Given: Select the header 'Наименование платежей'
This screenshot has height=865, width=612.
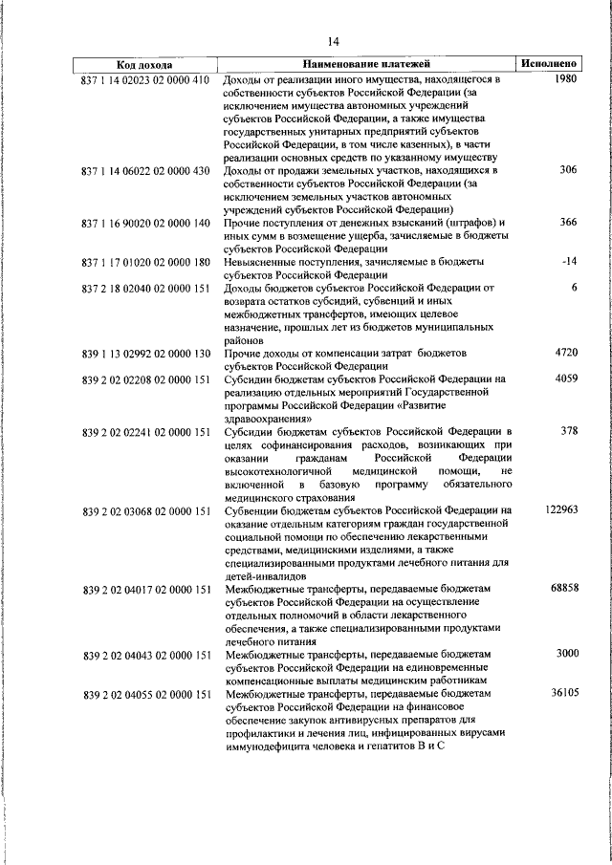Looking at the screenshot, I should [367, 65].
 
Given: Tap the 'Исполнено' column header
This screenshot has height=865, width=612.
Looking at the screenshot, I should [548, 65].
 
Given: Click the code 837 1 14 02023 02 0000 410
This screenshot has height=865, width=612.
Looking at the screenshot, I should [146, 79].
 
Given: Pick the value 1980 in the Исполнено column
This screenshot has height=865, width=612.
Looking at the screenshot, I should [565, 79].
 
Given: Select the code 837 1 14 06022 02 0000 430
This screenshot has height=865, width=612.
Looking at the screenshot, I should [146, 170].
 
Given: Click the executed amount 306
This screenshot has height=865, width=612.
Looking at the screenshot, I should [570, 170].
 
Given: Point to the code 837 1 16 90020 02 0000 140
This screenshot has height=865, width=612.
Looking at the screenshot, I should [146, 223].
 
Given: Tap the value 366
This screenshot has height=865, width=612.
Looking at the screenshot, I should [570, 223].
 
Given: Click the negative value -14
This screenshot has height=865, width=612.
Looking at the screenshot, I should [571, 261].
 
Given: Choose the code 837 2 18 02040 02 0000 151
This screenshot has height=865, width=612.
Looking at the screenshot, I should [146, 288].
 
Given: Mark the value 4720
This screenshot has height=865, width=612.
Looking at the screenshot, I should [566, 353].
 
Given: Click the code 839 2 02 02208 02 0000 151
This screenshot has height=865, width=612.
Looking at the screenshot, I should [146, 379].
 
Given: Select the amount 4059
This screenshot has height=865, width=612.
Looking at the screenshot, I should [566, 379].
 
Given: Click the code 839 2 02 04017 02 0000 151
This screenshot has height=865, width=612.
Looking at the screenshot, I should [146, 589].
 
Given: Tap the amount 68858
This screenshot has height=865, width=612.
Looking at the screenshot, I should [564, 589].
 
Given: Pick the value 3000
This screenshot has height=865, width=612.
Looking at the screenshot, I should [566, 654].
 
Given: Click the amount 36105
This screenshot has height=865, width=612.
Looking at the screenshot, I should [564, 693].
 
